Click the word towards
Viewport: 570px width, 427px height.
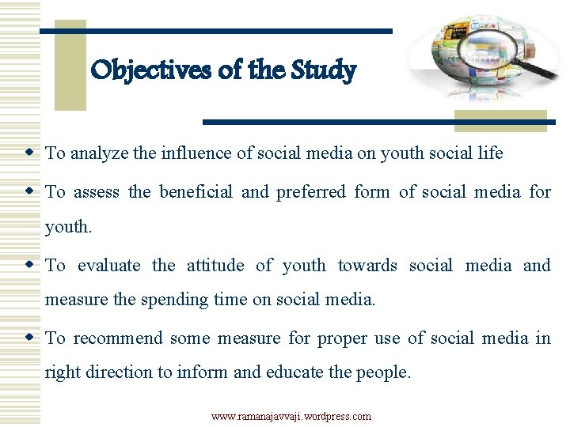coord(367,266)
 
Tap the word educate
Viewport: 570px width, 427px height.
coord(291,372)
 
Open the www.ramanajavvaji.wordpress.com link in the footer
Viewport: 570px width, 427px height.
coord(291,416)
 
